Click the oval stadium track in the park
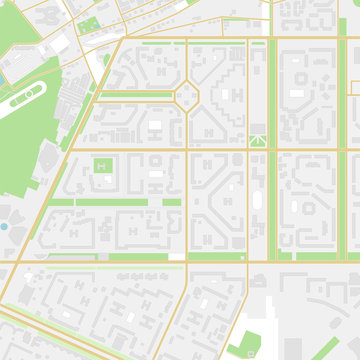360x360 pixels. click(26, 98)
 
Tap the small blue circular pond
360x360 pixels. click(4, 227)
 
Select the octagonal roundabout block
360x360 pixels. click(187, 96)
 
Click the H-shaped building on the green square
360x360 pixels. click(104, 166)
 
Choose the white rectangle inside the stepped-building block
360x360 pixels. click(155, 127)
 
